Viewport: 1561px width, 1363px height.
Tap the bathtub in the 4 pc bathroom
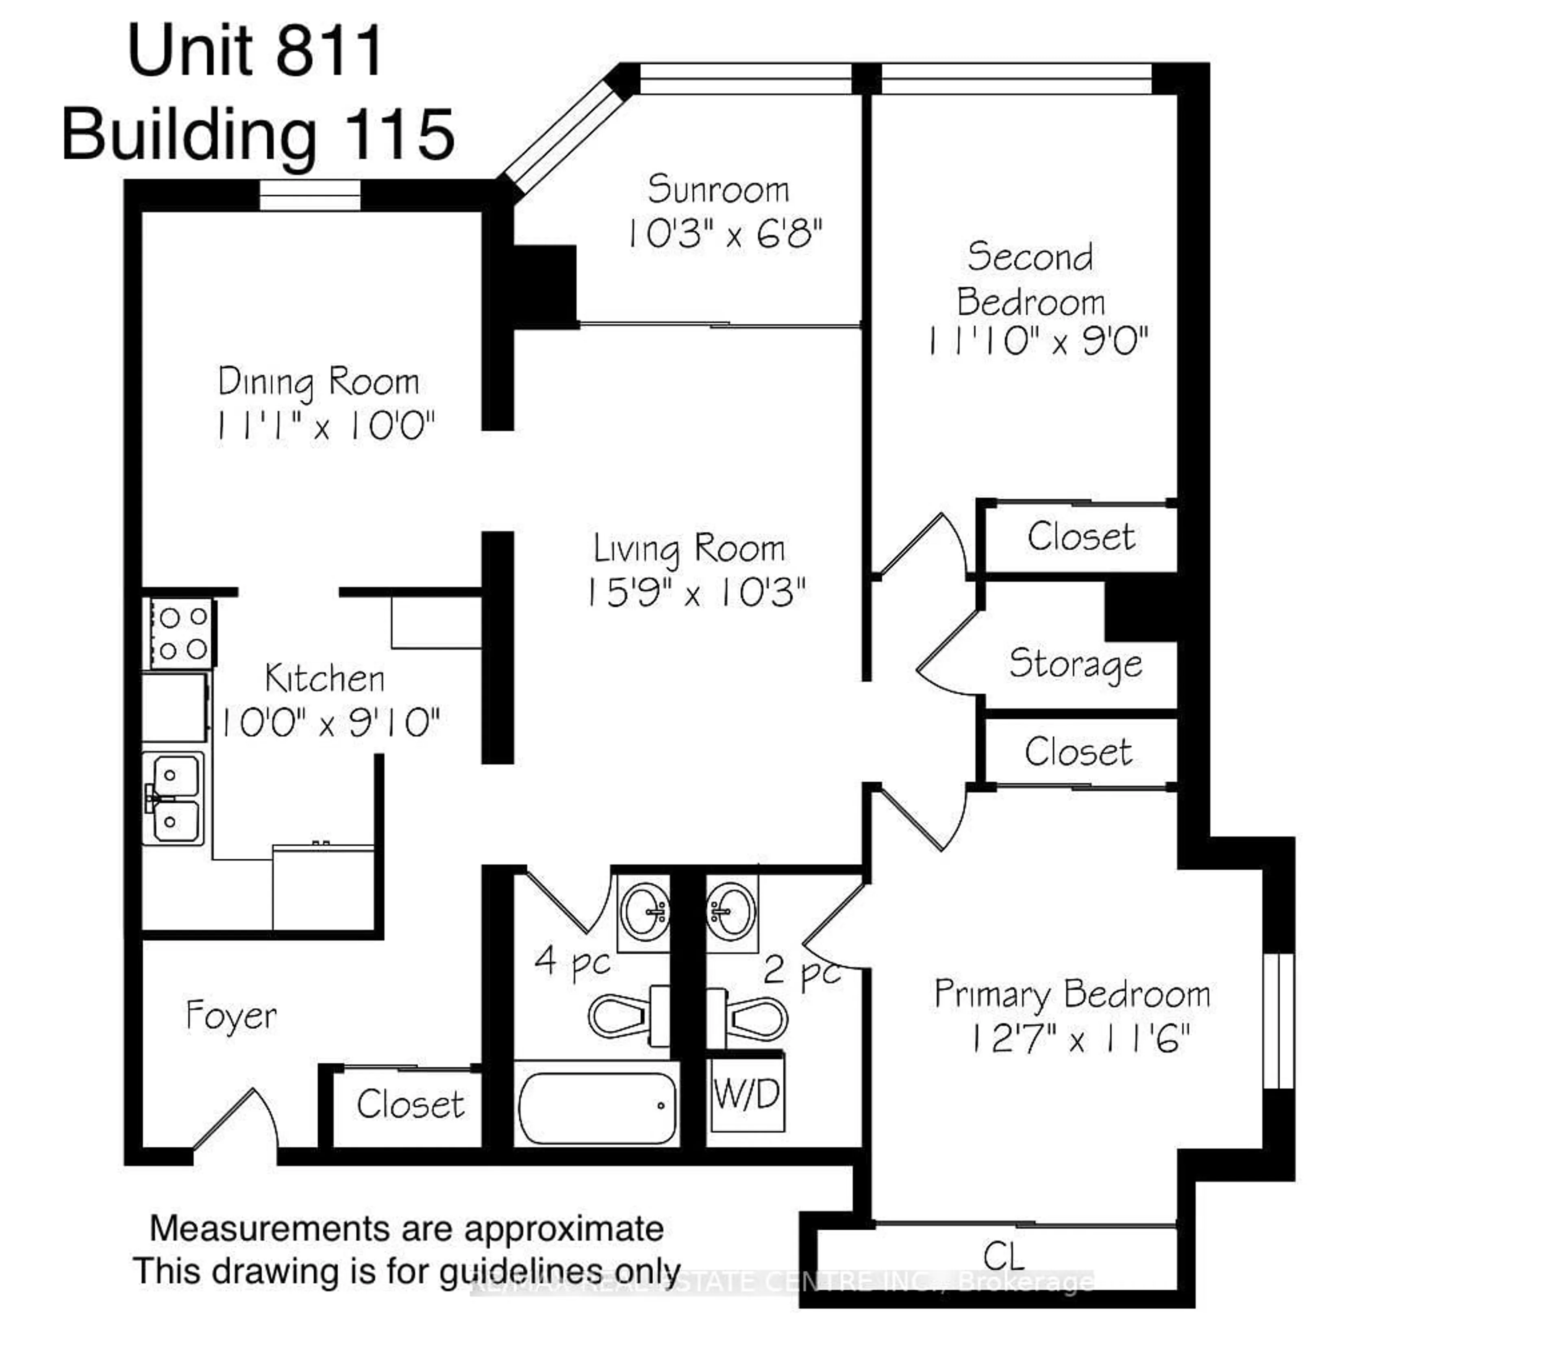597,1107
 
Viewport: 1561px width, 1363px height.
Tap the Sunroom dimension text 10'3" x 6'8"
724,234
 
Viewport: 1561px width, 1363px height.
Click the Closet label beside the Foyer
410,1105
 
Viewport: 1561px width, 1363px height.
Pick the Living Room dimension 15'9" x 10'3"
695,593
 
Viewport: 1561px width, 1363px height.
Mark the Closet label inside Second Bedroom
1080,537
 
